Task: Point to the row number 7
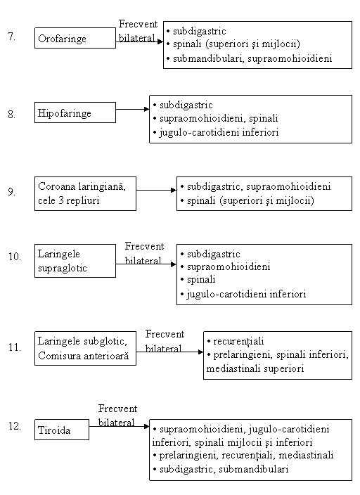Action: coord(11,37)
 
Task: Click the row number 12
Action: coord(15,426)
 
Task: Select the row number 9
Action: coord(11,192)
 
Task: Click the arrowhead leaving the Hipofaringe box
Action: coord(146,109)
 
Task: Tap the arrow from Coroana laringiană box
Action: coord(156,191)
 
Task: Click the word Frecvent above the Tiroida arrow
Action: coord(118,409)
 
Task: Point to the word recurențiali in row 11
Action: coord(238,341)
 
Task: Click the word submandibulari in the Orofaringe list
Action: coord(207,58)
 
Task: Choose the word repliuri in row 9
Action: coord(83,201)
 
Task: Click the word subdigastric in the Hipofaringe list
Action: coord(186,105)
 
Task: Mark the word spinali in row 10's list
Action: coord(201,280)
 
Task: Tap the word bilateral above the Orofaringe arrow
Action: coord(136,38)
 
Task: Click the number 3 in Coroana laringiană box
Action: coord(61,200)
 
